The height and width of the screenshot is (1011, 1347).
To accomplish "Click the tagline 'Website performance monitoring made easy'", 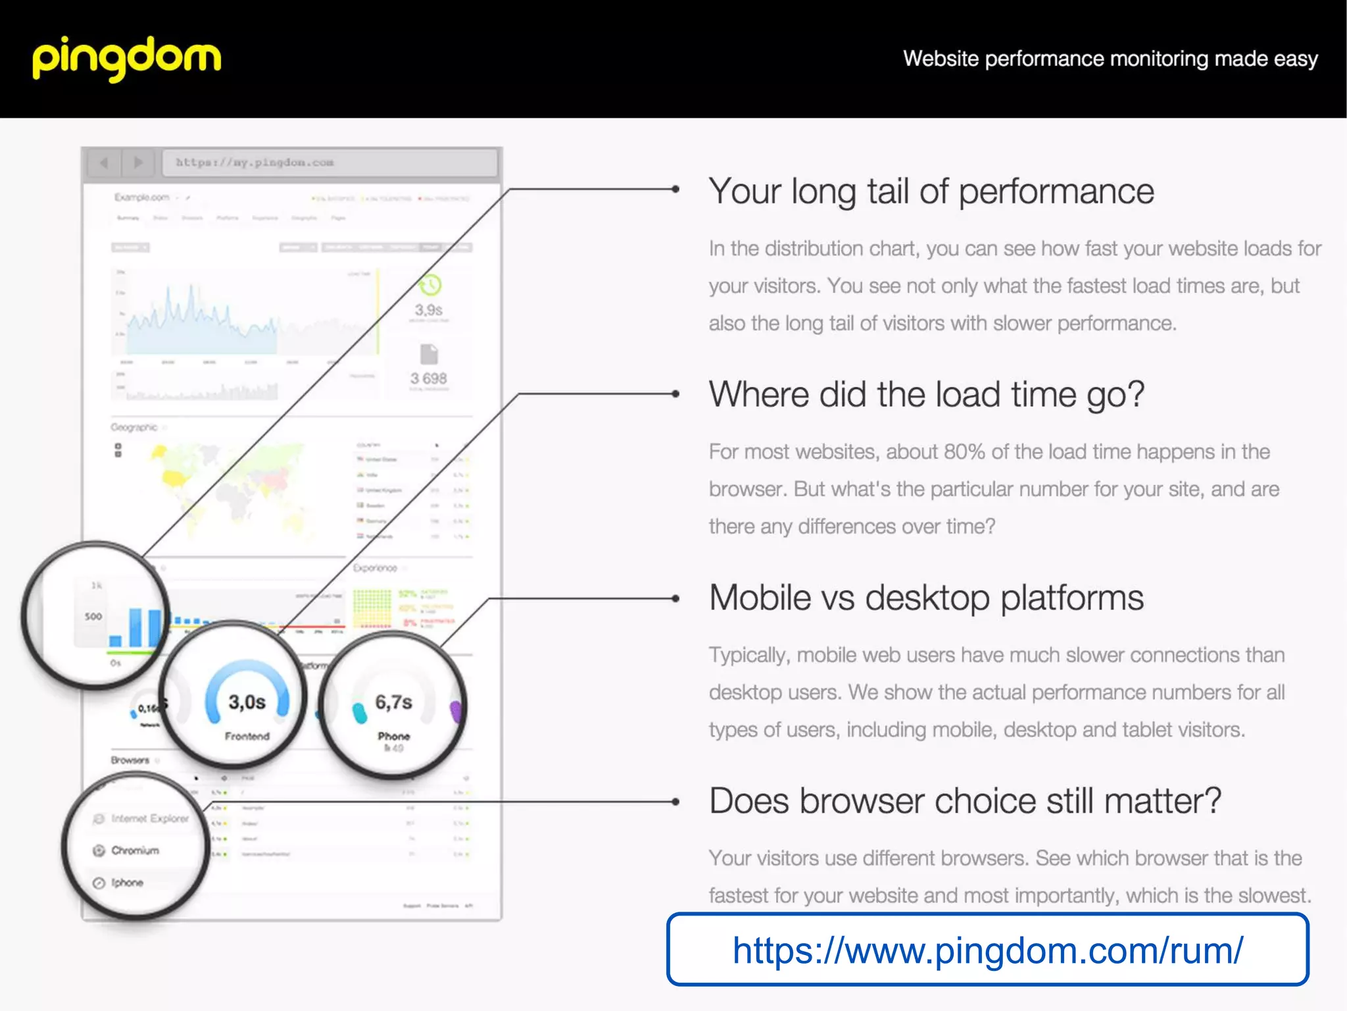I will coord(1110,59).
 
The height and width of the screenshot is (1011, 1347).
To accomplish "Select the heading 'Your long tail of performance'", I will coord(931,192).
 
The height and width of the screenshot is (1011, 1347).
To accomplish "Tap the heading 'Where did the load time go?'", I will coord(926,394).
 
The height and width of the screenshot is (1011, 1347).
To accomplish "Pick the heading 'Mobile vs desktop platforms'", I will coord(926,598).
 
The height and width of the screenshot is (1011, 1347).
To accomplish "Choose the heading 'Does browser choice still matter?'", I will coord(964,801).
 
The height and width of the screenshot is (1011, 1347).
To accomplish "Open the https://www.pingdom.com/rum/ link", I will coord(987,950).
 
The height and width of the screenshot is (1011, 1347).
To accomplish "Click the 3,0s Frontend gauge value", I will coord(247,702).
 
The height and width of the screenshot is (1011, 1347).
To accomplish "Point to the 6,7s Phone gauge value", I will coord(393,702).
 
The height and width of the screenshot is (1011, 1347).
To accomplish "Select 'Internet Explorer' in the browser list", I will coord(149,818).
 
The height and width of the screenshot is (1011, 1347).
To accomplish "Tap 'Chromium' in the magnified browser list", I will coord(135,850).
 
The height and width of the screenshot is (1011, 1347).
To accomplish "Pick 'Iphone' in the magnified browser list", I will coord(127,883).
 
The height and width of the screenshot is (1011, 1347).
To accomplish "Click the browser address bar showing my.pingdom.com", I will coord(329,163).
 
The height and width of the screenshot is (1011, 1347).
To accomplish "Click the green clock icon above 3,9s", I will coord(429,285).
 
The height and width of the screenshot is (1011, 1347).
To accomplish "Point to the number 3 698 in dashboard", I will coord(428,378).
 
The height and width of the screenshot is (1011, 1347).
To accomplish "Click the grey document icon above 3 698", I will coord(429,354).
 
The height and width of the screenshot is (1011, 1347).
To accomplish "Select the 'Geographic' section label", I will coord(134,427).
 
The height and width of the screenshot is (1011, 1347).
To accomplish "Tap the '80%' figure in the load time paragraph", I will coord(964,452).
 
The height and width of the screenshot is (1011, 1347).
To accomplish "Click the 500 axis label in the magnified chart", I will coord(93,617).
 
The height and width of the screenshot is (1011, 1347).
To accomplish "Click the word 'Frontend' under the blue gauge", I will coord(247,736).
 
